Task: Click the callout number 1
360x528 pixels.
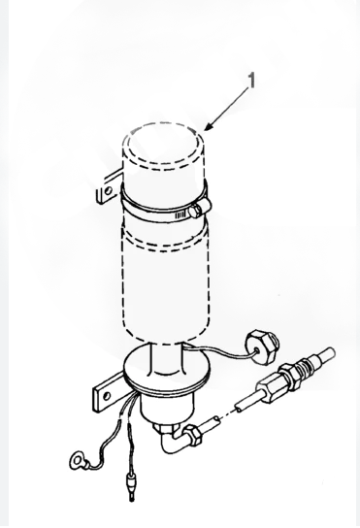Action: tap(251, 81)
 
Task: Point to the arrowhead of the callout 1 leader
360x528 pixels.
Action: tap(209, 127)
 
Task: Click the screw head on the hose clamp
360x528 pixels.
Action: tap(201, 208)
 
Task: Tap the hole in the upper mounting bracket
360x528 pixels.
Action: tap(108, 192)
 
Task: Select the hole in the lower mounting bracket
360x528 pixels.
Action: tap(107, 396)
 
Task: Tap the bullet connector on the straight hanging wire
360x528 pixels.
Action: tap(130, 484)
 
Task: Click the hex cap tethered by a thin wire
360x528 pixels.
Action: tap(262, 347)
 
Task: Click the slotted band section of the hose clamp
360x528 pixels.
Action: tap(180, 214)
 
